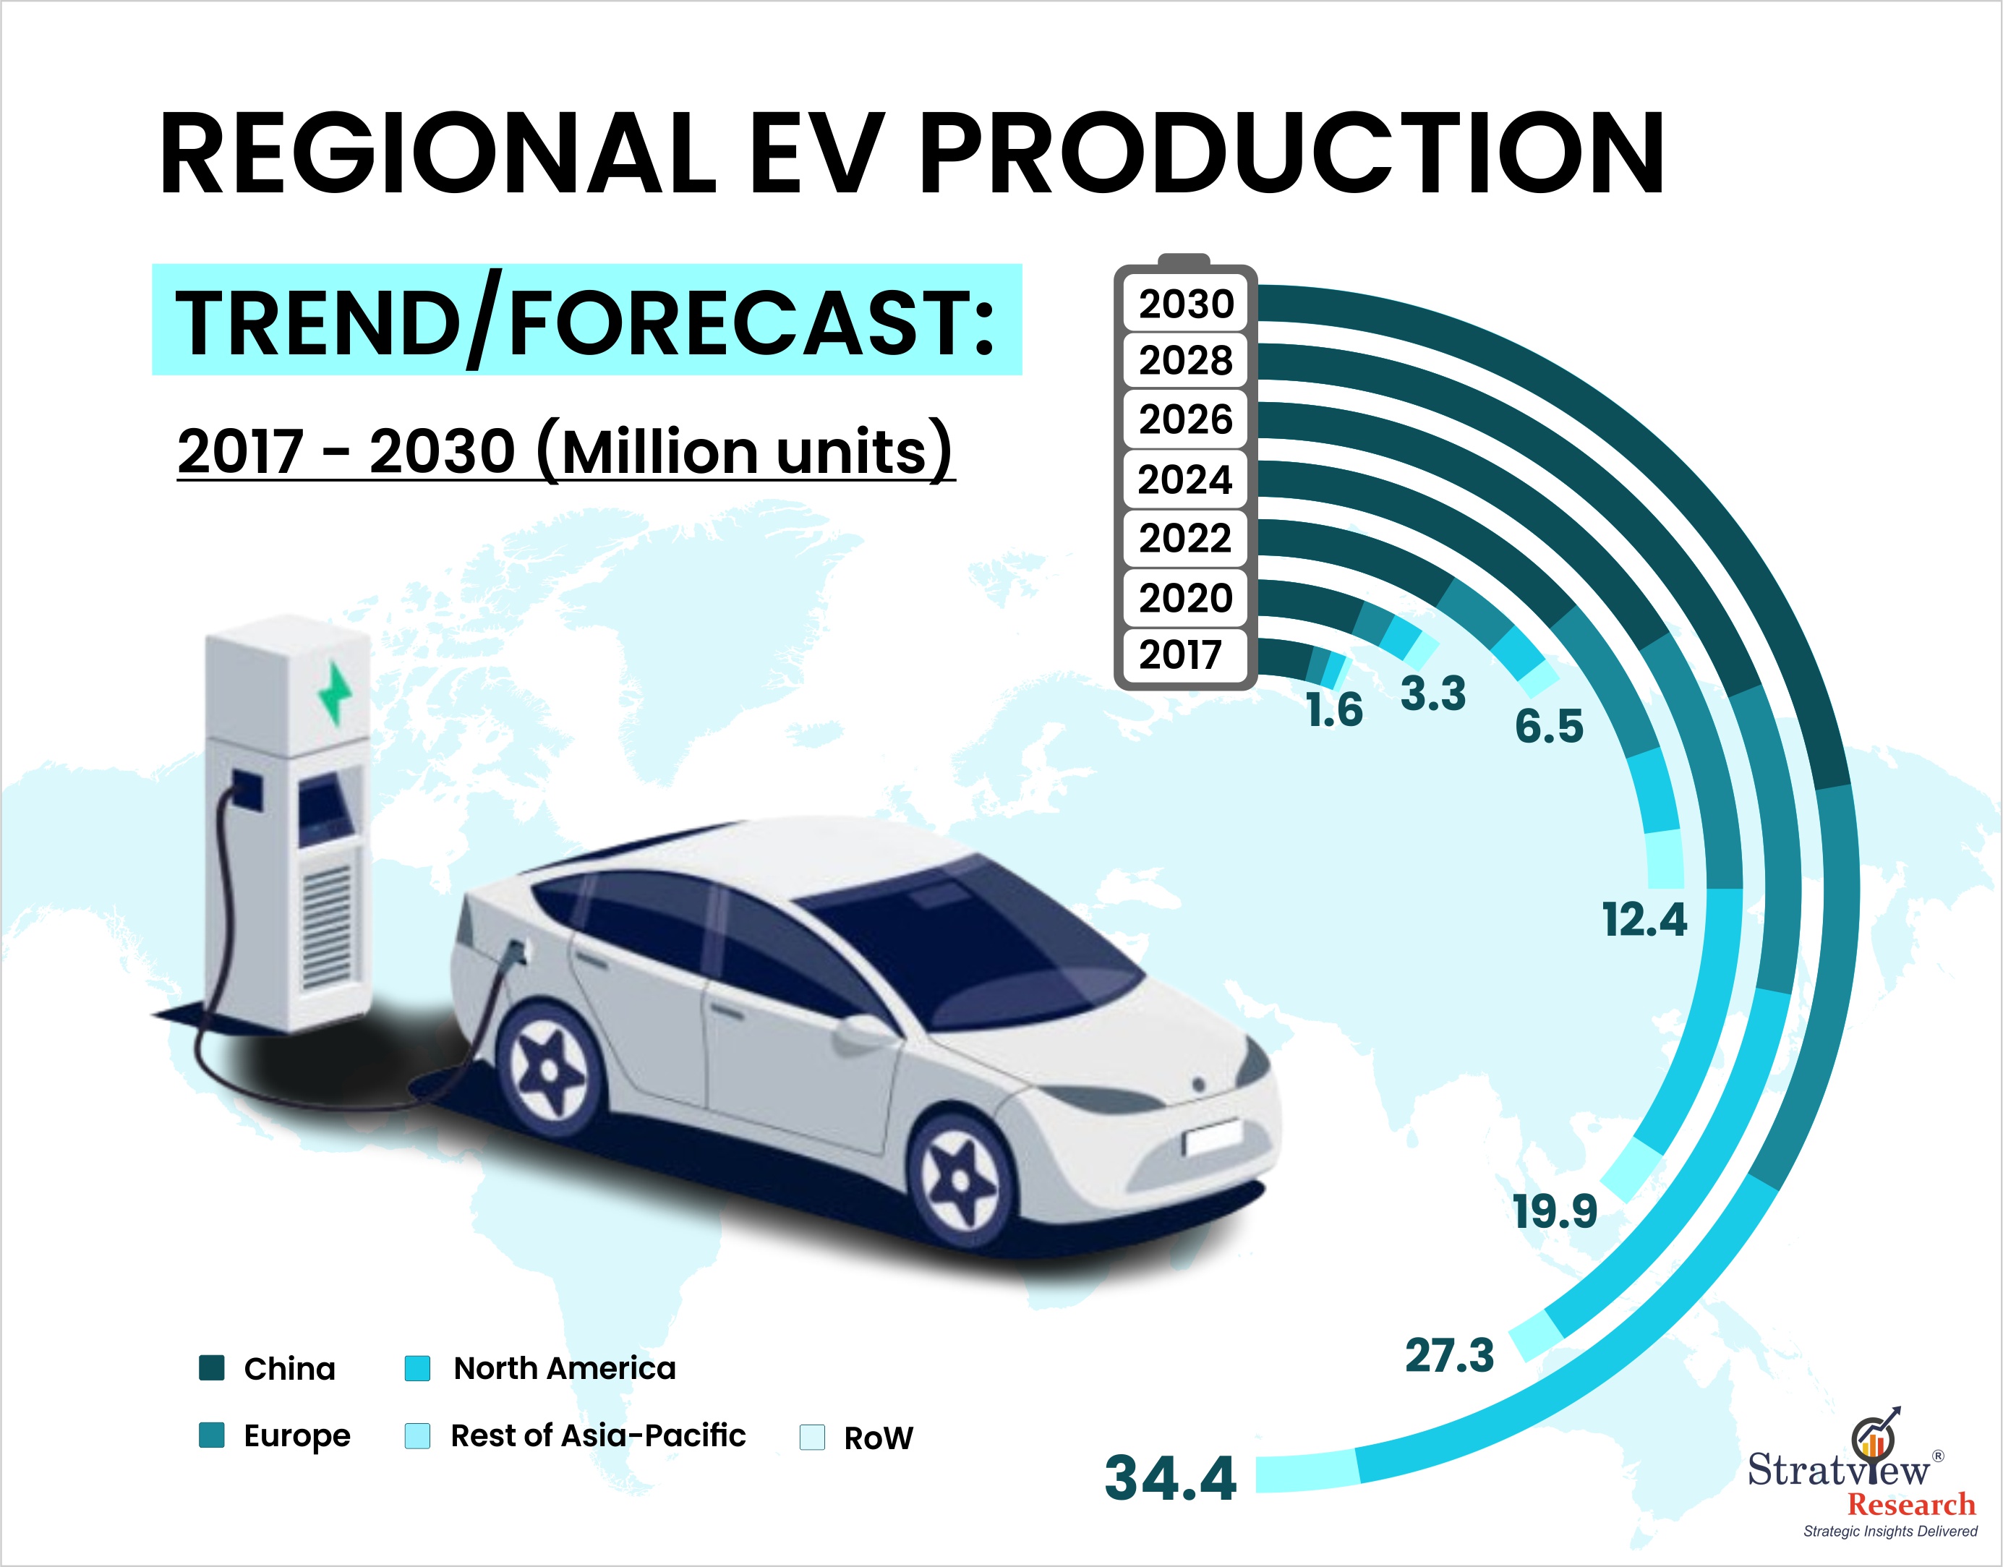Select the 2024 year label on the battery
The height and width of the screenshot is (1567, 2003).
coord(1184,480)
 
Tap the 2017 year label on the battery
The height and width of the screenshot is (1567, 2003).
coord(1181,655)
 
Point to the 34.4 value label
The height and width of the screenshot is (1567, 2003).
coord(1171,1478)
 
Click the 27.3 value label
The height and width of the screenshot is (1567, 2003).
coord(1450,1355)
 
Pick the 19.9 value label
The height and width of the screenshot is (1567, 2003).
coord(1555,1211)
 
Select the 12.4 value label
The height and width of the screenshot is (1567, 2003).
coord(1644,919)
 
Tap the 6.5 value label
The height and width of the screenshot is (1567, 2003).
coord(1549,726)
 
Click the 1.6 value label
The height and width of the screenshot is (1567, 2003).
coord(1335,710)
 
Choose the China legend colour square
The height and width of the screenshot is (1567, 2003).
coord(212,1368)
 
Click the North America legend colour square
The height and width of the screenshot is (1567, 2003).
coord(417,1368)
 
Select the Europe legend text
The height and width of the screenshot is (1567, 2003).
coord(297,1436)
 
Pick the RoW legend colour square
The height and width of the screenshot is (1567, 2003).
coord(812,1437)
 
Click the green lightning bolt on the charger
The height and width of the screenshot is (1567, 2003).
coord(335,693)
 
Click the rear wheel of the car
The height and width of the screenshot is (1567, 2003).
coord(549,1069)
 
